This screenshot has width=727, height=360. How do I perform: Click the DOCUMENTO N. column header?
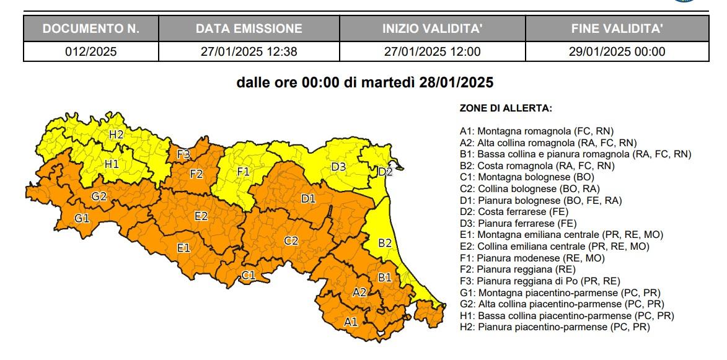91,29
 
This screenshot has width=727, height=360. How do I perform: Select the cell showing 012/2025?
91,51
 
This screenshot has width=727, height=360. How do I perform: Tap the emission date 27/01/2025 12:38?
249,51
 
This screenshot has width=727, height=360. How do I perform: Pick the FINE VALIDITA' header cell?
617,29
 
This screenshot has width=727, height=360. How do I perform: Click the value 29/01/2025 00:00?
617,51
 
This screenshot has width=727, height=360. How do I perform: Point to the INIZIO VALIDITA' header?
432,29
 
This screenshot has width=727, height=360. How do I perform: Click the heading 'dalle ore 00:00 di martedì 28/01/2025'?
365,82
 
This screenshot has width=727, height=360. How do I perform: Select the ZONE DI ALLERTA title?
506,108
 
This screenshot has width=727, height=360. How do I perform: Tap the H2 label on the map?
116,134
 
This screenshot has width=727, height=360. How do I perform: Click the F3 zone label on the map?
183,154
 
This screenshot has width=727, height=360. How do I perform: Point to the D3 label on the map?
338,166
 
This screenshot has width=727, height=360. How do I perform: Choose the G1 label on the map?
82,218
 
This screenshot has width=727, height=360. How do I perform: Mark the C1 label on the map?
249,276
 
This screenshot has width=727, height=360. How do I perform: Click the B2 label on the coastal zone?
385,243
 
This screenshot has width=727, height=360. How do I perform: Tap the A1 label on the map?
351,321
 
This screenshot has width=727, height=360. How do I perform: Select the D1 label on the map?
308,198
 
